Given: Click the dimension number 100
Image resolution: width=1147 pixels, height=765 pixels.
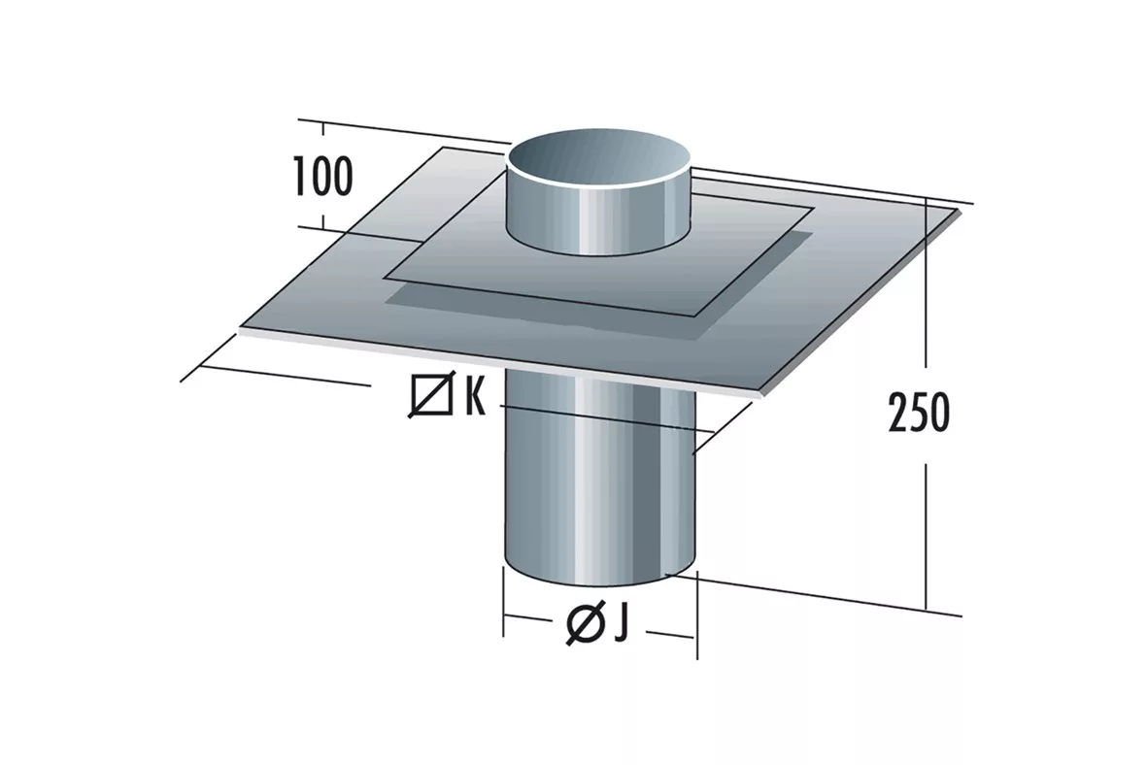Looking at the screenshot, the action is click(x=322, y=177).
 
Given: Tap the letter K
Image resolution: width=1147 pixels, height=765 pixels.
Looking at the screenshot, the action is click(x=474, y=396).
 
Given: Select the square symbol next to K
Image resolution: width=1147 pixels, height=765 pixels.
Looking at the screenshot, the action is click(x=431, y=396).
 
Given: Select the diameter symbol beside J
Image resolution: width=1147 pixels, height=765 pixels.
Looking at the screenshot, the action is click(x=585, y=624).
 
